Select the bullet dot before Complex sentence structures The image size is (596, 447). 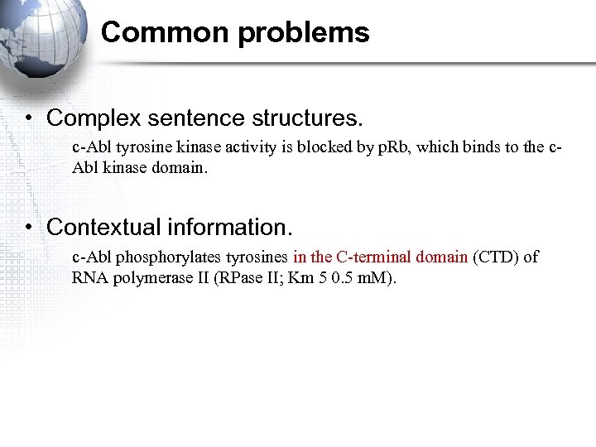28,118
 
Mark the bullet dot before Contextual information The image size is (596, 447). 28,227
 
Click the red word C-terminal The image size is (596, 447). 373,257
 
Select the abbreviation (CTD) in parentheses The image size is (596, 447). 496,257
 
